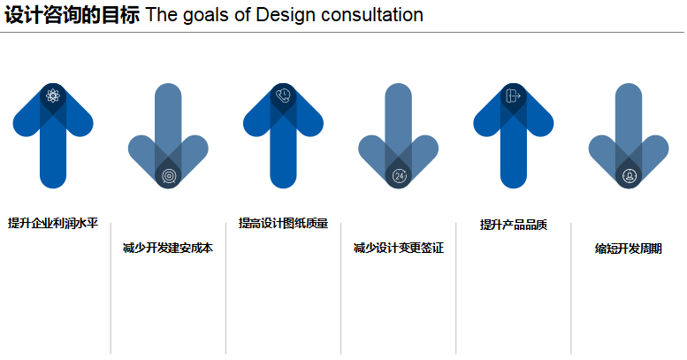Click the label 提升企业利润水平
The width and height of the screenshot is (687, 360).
point(53,223)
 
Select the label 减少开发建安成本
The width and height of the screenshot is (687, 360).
point(168,249)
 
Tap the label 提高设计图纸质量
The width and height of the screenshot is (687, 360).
point(284,223)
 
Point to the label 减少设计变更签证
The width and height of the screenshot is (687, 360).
point(399,249)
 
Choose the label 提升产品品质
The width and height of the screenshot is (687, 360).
point(514,225)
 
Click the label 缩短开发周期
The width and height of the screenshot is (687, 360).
point(629,249)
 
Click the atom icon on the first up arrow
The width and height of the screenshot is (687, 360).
point(53,96)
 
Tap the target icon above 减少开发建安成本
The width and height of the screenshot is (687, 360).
point(168,176)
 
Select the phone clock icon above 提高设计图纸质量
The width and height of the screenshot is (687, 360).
point(283,96)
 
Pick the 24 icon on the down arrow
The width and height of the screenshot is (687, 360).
point(399,176)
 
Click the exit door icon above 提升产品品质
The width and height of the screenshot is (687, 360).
point(513,96)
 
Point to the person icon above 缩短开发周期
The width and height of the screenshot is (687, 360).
point(629,176)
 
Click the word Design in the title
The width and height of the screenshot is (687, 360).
point(286,15)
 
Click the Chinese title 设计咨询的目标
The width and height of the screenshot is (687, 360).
point(73,15)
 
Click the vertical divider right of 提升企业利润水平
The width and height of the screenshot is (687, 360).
point(111,288)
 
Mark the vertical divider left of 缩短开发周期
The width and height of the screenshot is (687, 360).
point(571,288)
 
